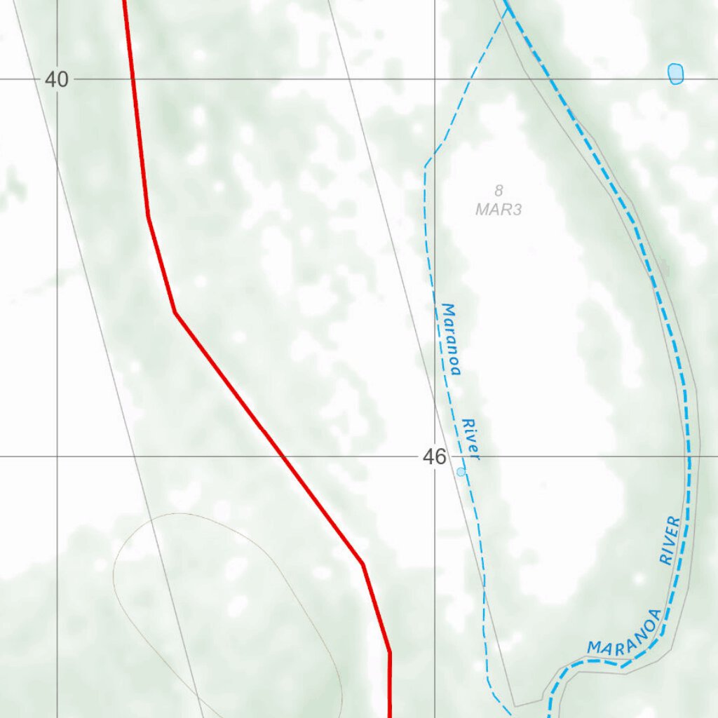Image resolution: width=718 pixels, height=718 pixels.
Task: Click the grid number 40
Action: coord(57,79)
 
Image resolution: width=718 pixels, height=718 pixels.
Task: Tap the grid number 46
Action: coord(434,457)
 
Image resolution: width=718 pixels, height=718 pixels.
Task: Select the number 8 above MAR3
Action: coord(499,190)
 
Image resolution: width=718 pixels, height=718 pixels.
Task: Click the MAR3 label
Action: coord(499,209)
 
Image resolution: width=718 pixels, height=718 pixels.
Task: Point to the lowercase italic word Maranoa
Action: coord(451,339)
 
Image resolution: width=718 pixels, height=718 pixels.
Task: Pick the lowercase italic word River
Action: coord(470,440)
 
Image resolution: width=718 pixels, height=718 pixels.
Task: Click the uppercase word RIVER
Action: coord(670,541)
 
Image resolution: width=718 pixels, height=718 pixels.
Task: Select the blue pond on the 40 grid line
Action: coord(675,73)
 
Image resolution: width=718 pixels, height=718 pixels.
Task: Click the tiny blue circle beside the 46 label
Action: coord(461,472)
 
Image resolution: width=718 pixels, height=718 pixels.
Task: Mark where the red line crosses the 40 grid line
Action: coord(133,79)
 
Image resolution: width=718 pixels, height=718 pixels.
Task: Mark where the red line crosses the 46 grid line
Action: coord(283,456)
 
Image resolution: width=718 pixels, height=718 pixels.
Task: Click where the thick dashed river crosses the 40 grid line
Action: coord(550,79)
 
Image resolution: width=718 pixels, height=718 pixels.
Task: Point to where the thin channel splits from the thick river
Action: coord(506,8)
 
